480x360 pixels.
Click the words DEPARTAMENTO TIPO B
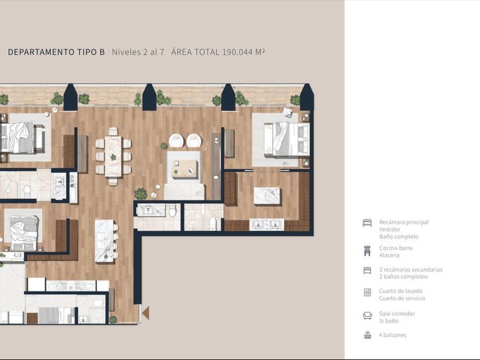(x=57, y=52)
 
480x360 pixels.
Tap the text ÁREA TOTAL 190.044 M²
(x=218, y=52)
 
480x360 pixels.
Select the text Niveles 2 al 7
(x=138, y=52)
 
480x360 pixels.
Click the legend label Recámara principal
(x=404, y=222)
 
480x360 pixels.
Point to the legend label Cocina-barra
(x=395, y=248)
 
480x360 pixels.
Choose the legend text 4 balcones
(x=393, y=335)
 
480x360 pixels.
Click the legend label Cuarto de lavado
(x=401, y=291)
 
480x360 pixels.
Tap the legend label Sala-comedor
(x=397, y=314)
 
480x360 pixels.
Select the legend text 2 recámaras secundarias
(x=411, y=269)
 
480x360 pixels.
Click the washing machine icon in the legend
(x=367, y=293)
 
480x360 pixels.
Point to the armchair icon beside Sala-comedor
(x=367, y=315)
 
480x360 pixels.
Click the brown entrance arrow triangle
(x=146, y=313)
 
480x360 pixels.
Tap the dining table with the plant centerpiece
(x=113, y=157)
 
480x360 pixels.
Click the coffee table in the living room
(x=184, y=169)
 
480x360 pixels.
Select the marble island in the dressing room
(x=267, y=196)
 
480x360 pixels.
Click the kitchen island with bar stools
(x=105, y=241)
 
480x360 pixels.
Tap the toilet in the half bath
(x=173, y=210)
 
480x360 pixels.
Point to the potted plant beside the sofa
(x=141, y=194)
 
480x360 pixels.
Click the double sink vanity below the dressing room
(x=267, y=225)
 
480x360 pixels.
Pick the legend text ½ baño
(x=389, y=321)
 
